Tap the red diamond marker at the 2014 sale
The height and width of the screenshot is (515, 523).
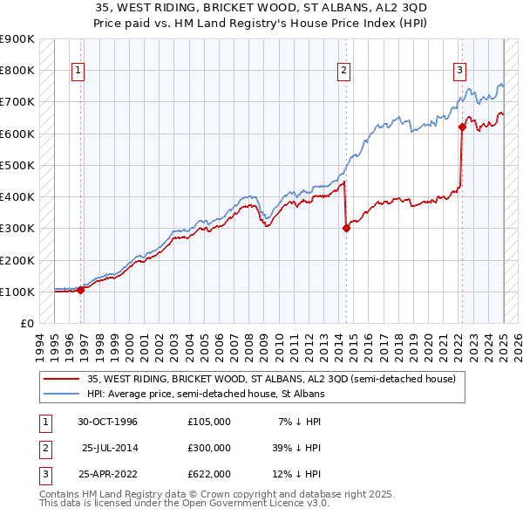(x=346, y=229)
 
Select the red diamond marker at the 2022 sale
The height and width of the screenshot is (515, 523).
(x=462, y=127)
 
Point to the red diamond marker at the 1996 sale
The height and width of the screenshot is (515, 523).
(x=81, y=291)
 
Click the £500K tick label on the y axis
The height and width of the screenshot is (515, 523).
(x=17, y=165)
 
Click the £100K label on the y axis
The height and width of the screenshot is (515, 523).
(x=17, y=292)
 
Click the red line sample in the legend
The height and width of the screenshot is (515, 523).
(x=62, y=379)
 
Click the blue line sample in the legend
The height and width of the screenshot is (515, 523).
(x=62, y=394)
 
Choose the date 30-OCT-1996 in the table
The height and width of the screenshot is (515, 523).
(x=108, y=422)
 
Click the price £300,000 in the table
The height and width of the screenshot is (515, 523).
(x=209, y=448)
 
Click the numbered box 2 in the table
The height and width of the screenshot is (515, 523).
(x=43, y=448)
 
